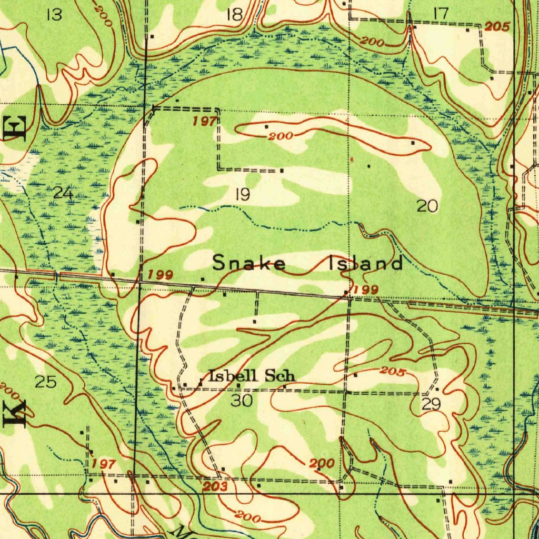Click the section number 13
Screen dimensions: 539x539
point(54,15)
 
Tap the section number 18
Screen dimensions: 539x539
point(234,15)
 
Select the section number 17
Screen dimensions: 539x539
point(440,14)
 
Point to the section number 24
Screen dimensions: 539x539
point(63,193)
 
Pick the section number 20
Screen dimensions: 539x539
point(427,206)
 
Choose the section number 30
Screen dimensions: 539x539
point(242,401)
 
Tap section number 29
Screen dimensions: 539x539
point(431,404)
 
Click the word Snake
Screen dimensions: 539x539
point(249,263)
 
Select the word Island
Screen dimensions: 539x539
point(366,263)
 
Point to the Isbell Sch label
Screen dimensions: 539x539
point(252,376)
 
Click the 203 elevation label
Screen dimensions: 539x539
point(215,487)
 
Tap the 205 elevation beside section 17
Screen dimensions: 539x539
point(497,27)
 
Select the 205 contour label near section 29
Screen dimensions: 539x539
point(392,372)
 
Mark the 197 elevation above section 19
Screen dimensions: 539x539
point(204,122)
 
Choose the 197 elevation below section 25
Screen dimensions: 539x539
point(103,464)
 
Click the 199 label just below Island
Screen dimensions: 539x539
point(366,290)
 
